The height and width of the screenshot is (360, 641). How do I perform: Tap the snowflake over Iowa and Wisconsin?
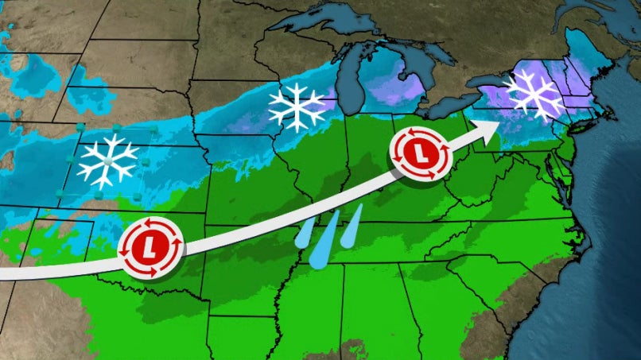pyautogui.click(x=297, y=106)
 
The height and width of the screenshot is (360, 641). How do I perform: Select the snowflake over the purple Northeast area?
pyautogui.click(x=532, y=95)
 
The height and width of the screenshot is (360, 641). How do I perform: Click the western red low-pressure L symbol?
pyautogui.click(x=151, y=247)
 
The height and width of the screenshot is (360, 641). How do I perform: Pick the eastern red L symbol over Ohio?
pyautogui.click(x=419, y=151)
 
